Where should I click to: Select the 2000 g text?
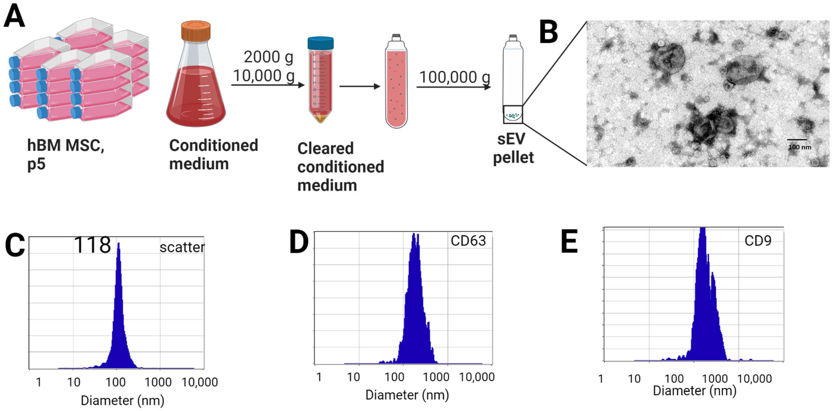click(268, 57)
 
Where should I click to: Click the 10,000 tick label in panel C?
click(200, 382)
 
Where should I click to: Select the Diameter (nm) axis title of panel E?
click(694, 391)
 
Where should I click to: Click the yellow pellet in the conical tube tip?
click(321, 118)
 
